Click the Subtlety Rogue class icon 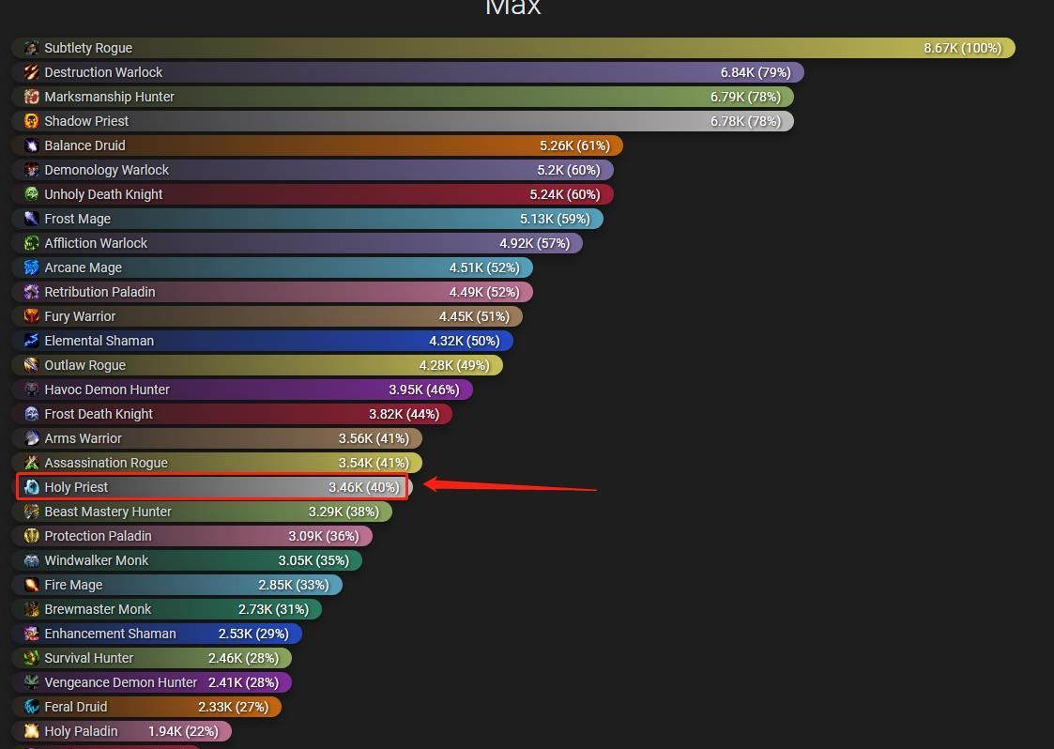point(31,48)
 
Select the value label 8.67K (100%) point(962,48)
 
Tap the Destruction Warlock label point(103,72)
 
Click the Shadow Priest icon point(31,121)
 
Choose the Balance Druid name point(84,145)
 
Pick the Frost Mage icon point(31,219)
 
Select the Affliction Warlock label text point(96,243)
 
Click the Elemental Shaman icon point(31,341)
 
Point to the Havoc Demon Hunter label point(107,390)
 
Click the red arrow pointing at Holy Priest point(507,486)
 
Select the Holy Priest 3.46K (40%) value point(363,487)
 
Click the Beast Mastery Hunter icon point(31,512)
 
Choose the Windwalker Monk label point(96,560)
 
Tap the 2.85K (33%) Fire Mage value point(294,585)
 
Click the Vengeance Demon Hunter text point(121,682)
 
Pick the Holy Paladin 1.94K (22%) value point(183,731)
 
